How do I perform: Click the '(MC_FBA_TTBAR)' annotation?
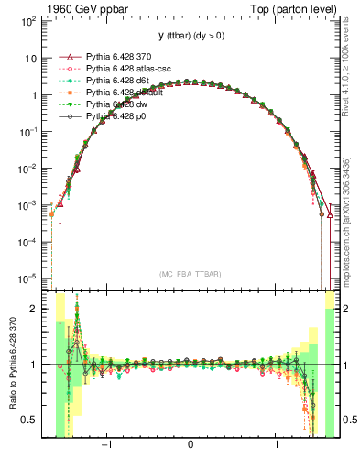pyautogui.click(x=190, y=274)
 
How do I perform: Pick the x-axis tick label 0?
pyautogui.click(x=190, y=447)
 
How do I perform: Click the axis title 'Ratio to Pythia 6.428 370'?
pyautogui.click(x=11, y=364)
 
